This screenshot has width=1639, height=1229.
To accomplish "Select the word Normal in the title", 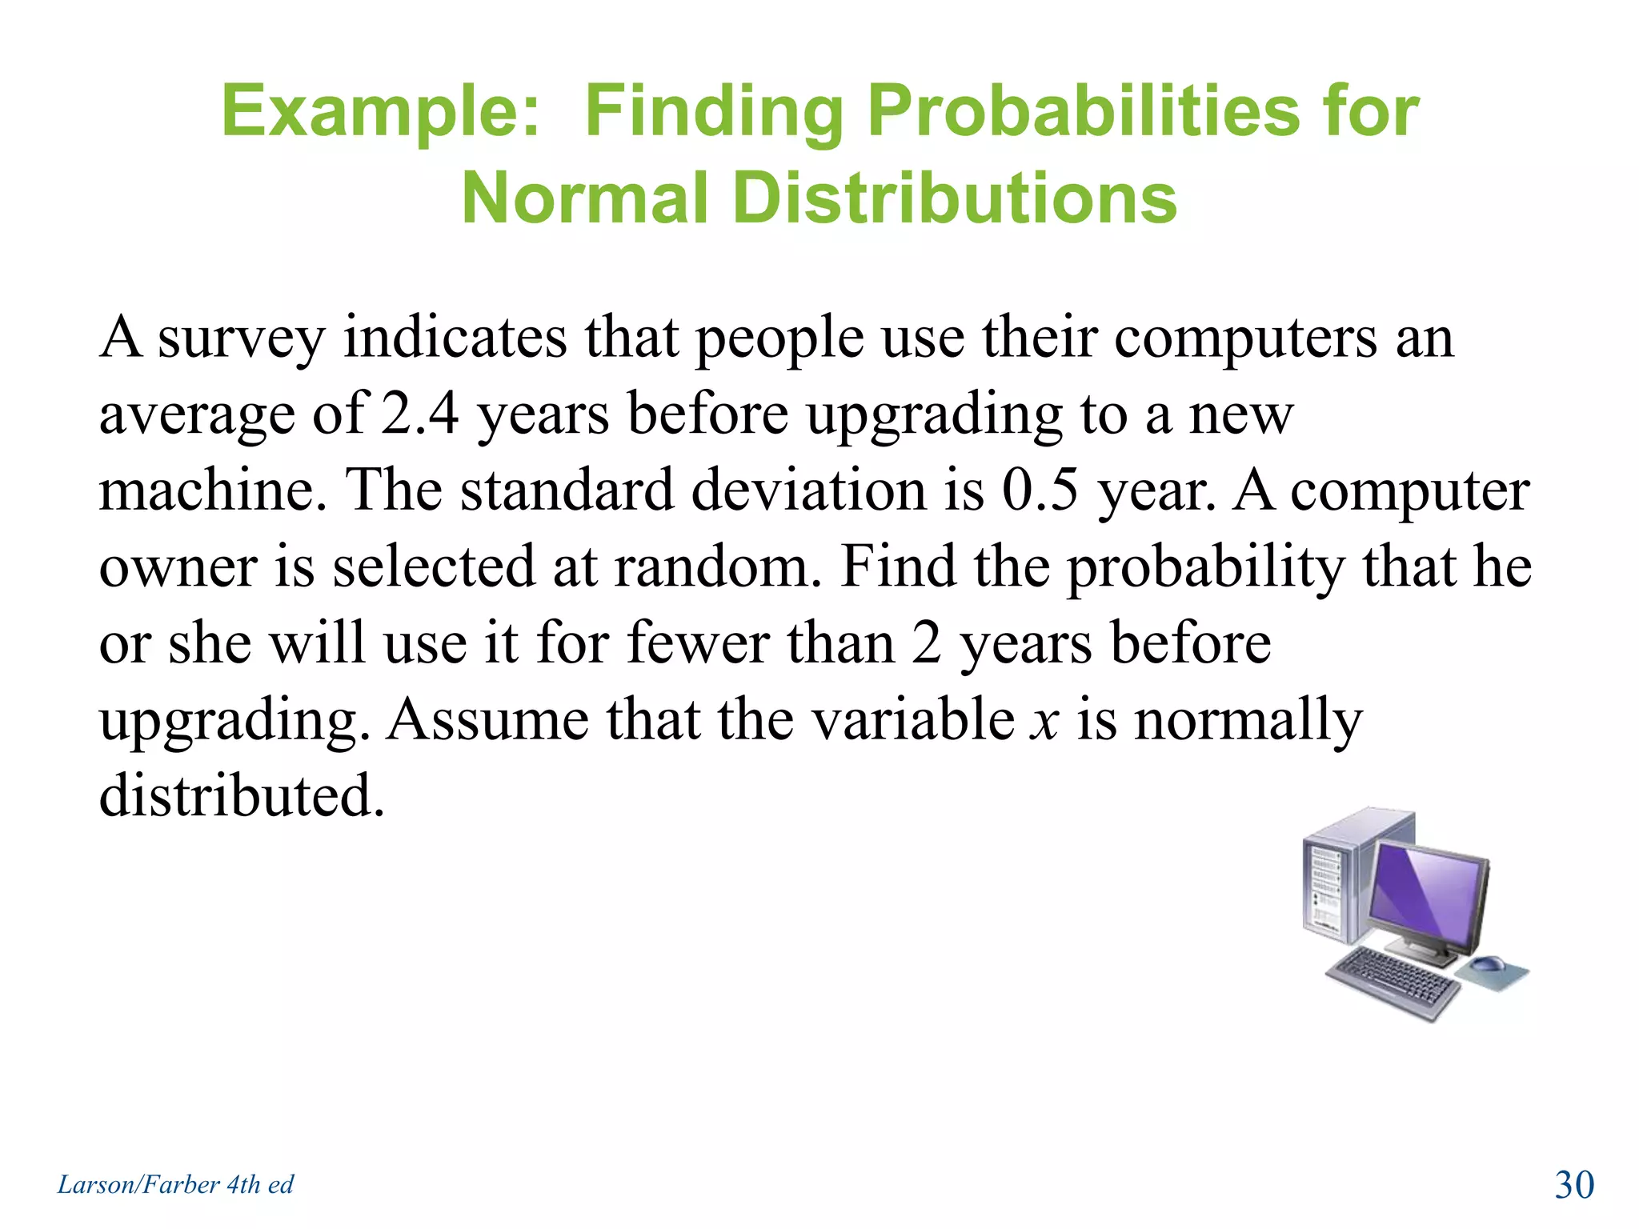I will pyautogui.click(x=585, y=198).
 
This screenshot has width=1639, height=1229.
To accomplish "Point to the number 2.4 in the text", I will pyautogui.click(x=419, y=414).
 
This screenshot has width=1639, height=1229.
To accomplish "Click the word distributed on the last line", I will pyautogui.click(x=240, y=795).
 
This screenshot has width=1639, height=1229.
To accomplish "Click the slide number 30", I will pyautogui.click(x=1573, y=1184).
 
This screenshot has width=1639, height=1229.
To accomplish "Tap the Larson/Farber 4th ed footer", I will pyautogui.click(x=175, y=1184).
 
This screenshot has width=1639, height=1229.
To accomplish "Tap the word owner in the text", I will pyautogui.click(x=178, y=566).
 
